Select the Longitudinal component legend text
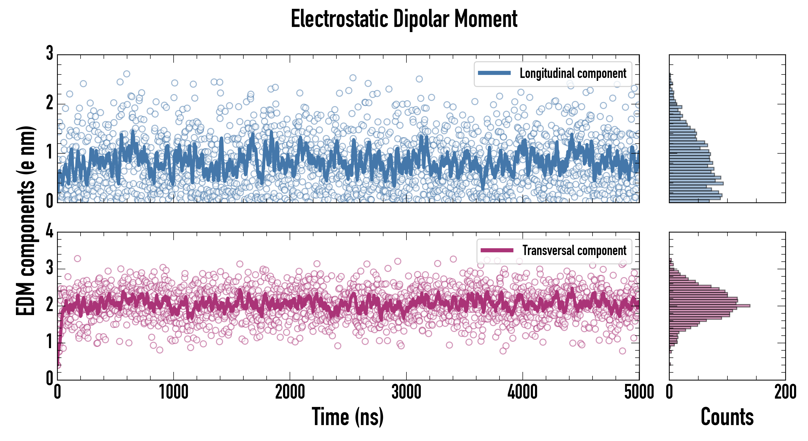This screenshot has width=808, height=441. [573, 73]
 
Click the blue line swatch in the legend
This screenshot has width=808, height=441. [494, 73]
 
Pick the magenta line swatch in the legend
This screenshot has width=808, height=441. [497, 250]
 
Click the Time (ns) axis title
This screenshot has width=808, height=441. [347, 416]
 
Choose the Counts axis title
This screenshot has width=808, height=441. [727, 416]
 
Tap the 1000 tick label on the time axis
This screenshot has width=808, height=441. [173, 392]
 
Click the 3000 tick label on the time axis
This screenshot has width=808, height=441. [406, 392]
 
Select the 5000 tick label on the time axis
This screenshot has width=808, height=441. [639, 392]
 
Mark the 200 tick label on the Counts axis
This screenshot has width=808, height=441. [785, 392]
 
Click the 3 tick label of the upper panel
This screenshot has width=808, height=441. [49, 53]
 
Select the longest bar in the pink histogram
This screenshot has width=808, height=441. [710, 306]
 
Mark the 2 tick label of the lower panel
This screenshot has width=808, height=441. [49, 305]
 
